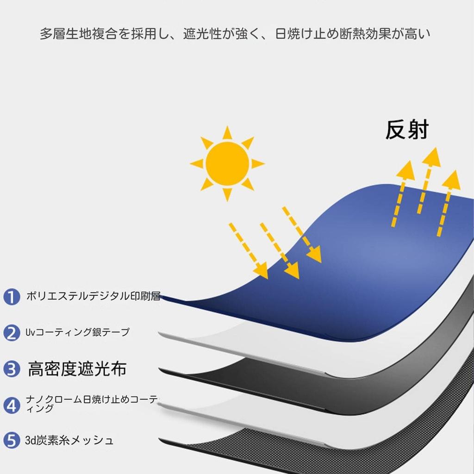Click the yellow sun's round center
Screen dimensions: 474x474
coord(227,163)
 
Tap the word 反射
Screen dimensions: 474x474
coord(407,131)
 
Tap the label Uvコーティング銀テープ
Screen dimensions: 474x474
coord(77,332)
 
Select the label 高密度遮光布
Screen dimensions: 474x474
coord(77,369)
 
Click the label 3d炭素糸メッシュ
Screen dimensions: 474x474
coord(69,440)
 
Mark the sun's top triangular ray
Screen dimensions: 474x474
coord(227,133)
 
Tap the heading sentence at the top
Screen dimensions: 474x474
coord(235,34)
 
